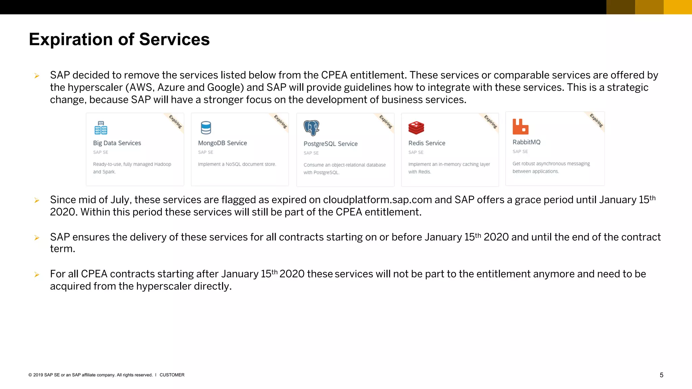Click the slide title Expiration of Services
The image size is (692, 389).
click(x=119, y=40)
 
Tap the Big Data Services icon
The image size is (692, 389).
click(x=101, y=128)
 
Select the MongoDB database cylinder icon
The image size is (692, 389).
click(x=206, y=128)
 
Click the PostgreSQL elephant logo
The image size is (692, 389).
click(x=311, y=128)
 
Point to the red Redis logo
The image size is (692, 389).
click(x=416, y=128)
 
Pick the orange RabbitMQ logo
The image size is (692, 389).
click(x=520, y=127)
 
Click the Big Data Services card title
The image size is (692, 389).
click(x=117, y=143)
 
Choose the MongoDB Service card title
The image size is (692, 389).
click(x=222, y=143)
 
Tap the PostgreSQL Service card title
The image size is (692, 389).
click(x=330, y=144)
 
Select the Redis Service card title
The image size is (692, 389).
click(x=427, y=143)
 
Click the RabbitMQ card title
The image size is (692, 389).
click(x=526, y=142)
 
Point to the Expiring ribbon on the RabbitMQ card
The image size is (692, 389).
click(x=596, y=121)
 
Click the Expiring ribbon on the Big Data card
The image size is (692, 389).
click(x=176, y=122)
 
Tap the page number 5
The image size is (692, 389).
click(x=662, y=375)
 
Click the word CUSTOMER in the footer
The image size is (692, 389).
click(x=172, y=375)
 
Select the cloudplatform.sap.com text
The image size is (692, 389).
click(x=377, y=200)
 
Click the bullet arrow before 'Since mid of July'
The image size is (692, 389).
click(x=37, y=201)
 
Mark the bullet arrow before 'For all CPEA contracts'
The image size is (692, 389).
click(x=37, y=275)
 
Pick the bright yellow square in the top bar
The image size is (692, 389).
click(x=678, y=7)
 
